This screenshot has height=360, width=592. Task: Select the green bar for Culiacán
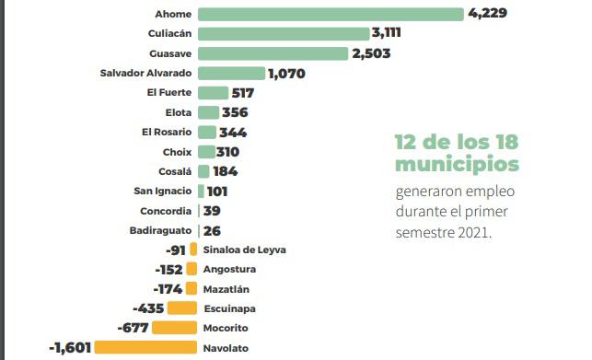pyautogui.click(x=284, y=33)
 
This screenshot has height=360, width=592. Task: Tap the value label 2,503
pyautogui.click(x=372, y=53)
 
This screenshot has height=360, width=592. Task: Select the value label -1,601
pyautogui.click(x=70, y=348)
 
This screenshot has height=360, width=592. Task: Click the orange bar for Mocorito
pyautogui.click(x=174, y=328)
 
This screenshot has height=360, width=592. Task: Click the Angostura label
pyautogui.click(x=230, y=269)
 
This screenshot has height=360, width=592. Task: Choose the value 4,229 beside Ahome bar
pyautogui.click(x=488, y=14)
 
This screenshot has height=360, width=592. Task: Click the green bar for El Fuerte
pyautogui.click(x=213, y=93)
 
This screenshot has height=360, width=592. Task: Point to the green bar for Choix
pyautogui.click(x=206, y=152)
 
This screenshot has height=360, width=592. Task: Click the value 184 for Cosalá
pyautogui.click(x=225, y=171)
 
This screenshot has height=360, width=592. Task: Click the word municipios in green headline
pyautogui.click(x=457, y=164)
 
